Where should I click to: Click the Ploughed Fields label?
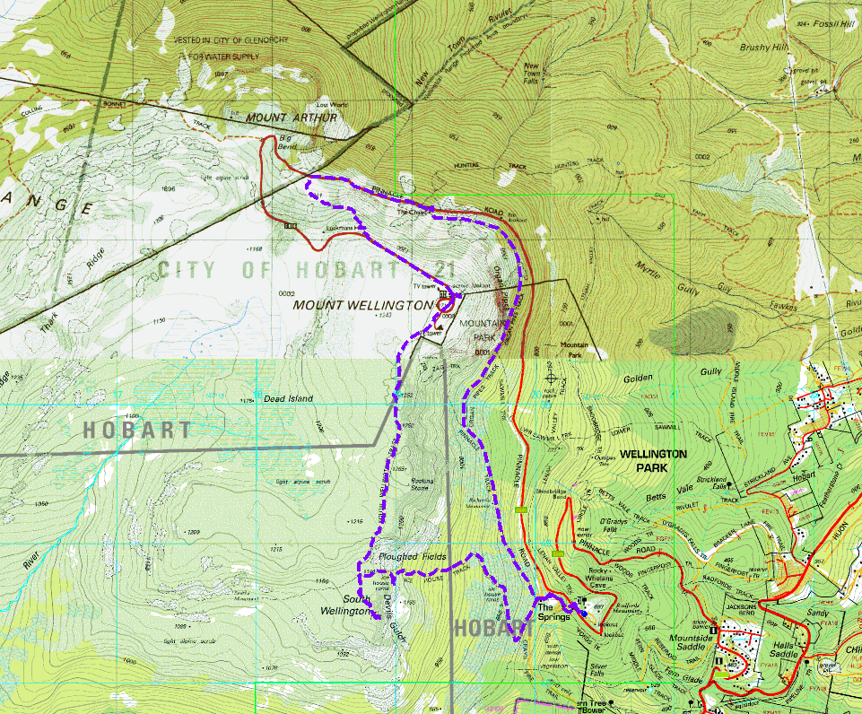[x=413, y=557]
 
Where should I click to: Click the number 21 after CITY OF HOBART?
[x=440, y=268]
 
